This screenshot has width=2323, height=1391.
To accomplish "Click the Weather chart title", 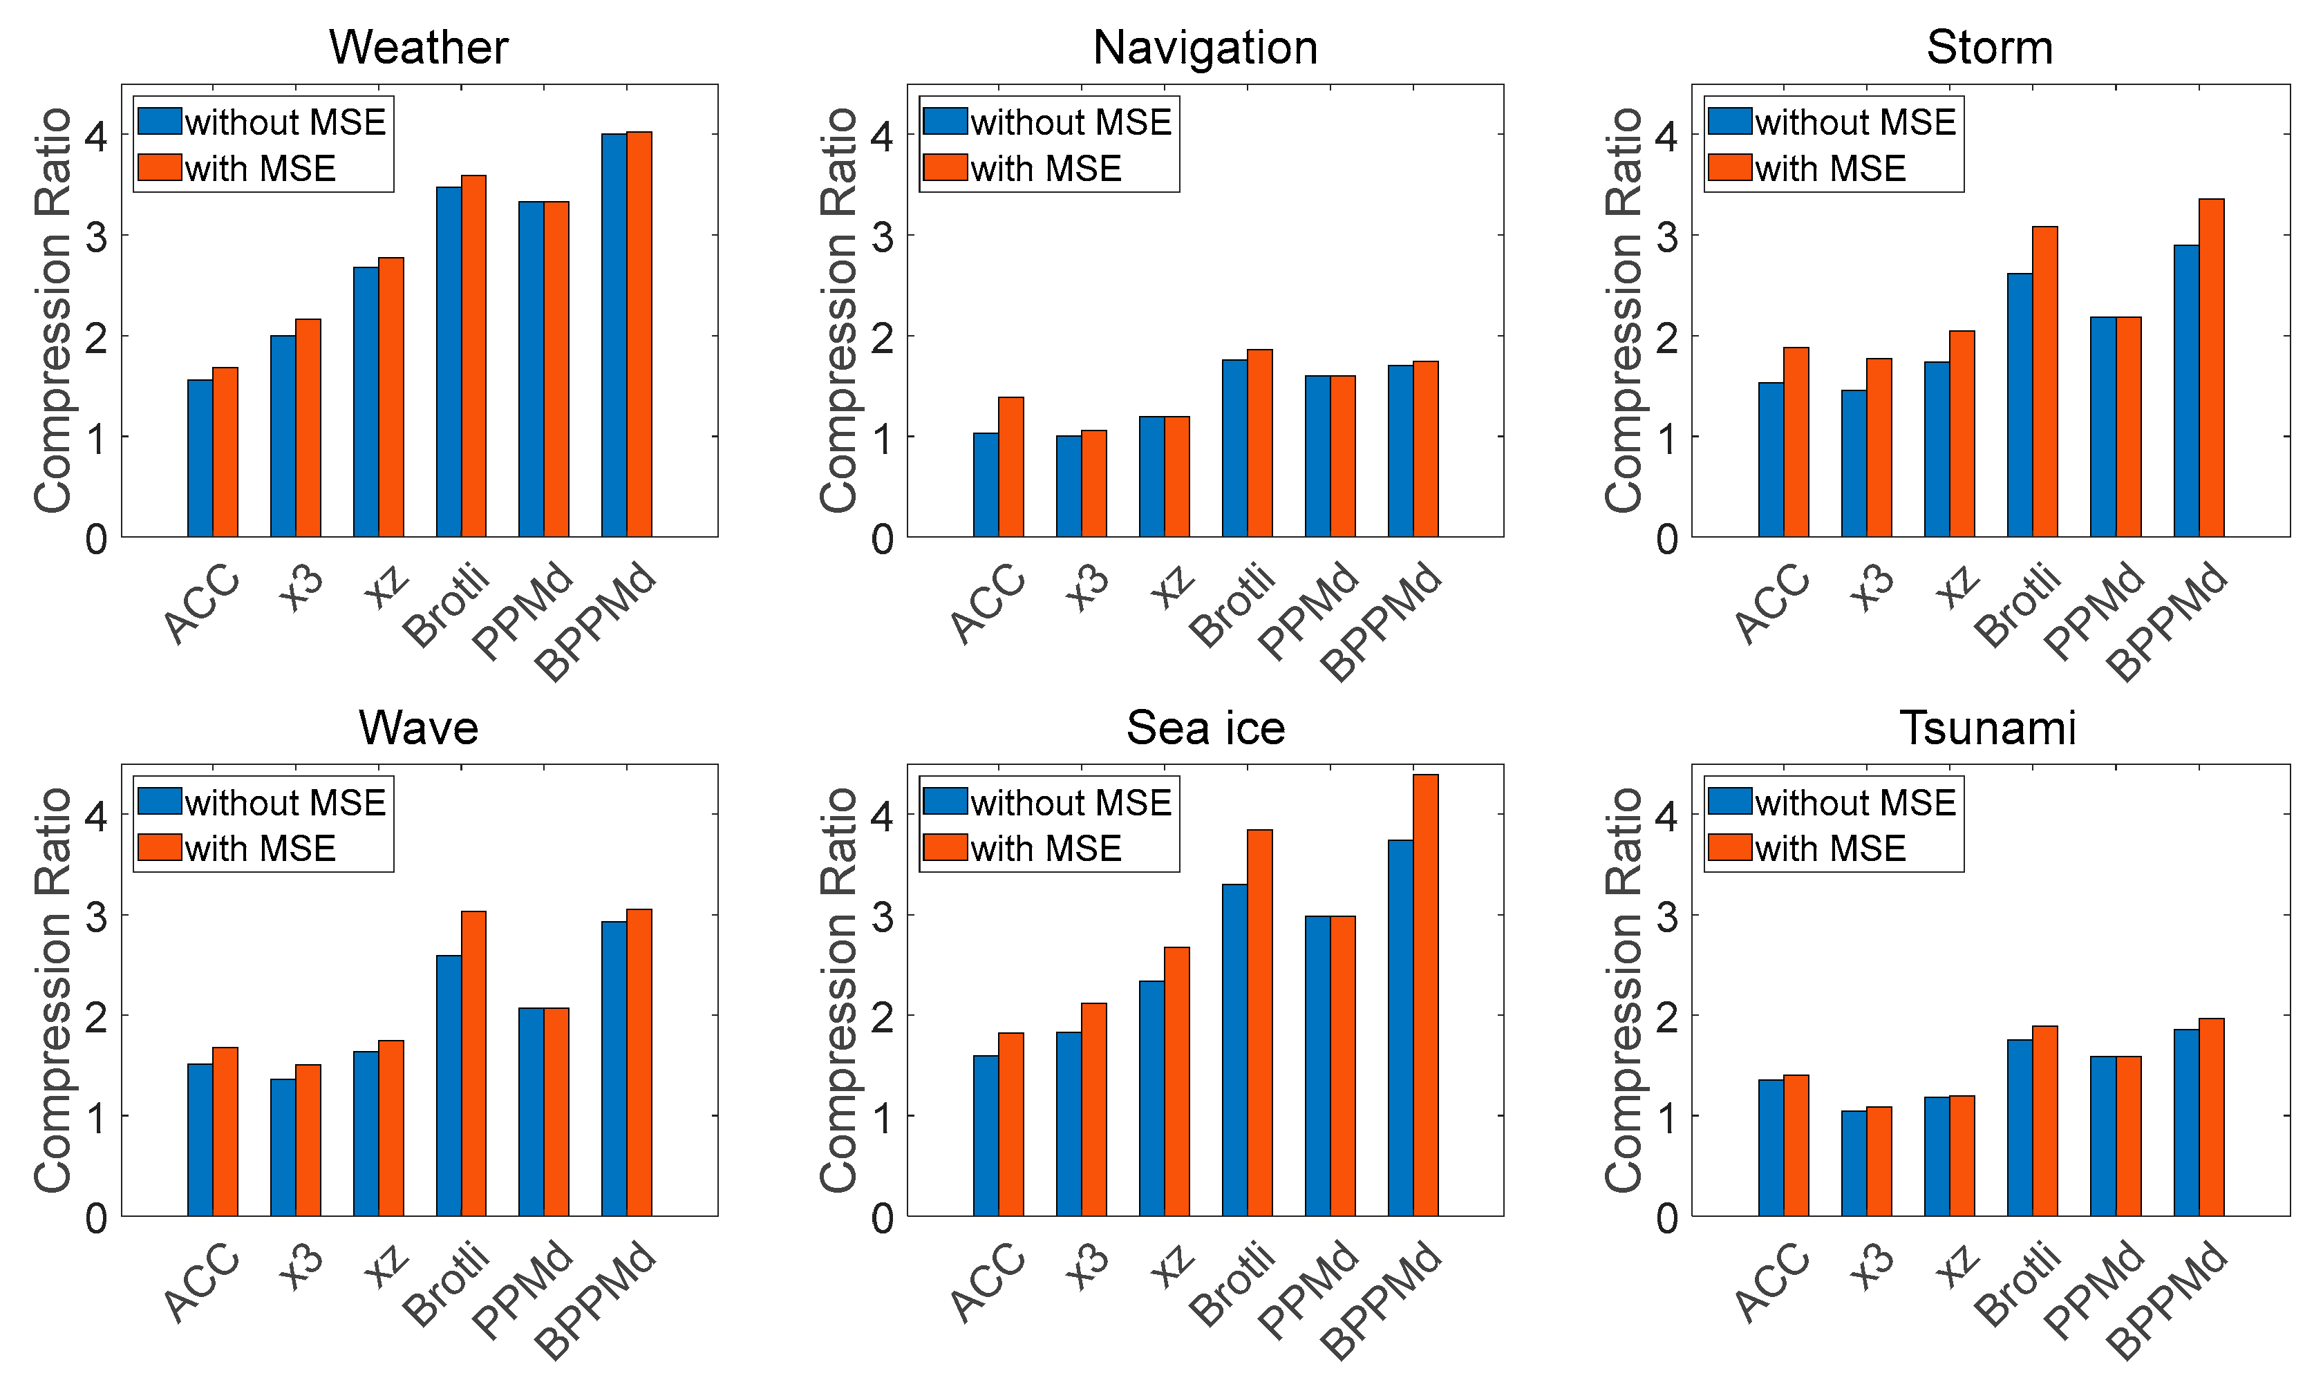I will tap(418, 47).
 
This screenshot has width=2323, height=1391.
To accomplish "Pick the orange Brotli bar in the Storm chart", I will tap(2044, 381).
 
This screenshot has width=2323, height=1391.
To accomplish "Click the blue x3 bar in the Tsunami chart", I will tap(1853, 1163).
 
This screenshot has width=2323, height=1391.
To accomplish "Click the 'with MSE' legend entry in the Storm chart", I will tap(1830, 169).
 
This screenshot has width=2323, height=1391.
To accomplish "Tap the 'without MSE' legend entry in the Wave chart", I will tap(285, 802).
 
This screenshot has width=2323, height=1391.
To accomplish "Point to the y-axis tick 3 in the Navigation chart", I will tap(882, 236).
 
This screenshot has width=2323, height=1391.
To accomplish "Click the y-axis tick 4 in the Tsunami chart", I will tap(1666, 815).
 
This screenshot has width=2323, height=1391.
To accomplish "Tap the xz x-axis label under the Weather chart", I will tap(386, 588).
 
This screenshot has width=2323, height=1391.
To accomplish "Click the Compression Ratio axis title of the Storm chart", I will tap(1623, 310).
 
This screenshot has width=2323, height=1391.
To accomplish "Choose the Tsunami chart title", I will tap(1988, 728).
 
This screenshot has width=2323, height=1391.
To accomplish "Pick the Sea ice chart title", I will tap(1205, 728).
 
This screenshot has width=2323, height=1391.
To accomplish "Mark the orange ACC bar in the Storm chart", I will tap(1795, 442).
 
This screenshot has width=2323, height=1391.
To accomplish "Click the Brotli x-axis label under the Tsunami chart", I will tap(2018, 1284).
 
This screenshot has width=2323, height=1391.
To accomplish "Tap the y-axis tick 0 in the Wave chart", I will tap(97, 1218).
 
